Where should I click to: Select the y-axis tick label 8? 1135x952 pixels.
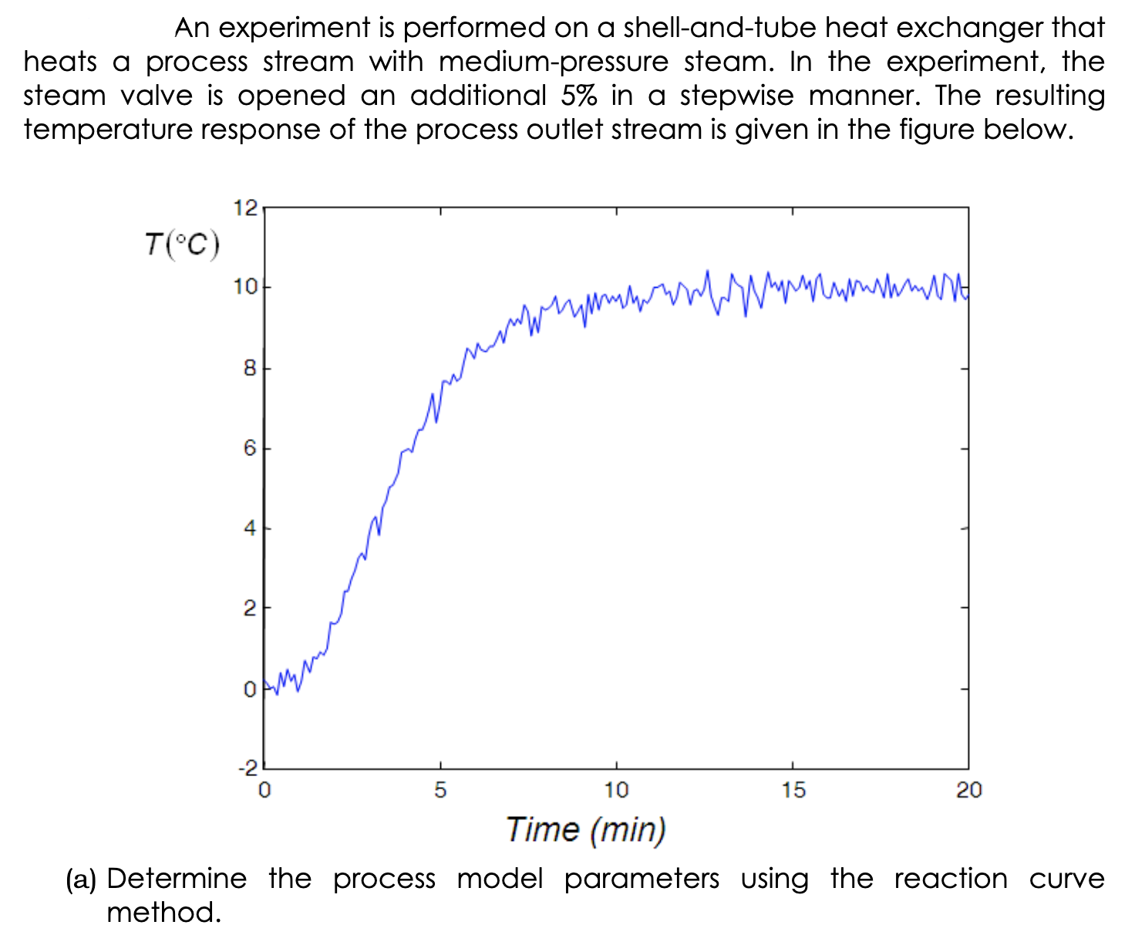tap(249, 368)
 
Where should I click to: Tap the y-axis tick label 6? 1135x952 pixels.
tap(249, 448)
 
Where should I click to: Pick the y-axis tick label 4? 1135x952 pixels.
tap(249, 528)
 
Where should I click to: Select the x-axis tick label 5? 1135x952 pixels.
tap(440, 790)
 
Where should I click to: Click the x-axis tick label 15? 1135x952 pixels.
tap(793, 790)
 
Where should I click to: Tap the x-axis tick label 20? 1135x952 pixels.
tap(969, 790)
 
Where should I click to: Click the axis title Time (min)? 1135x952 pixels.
tap(586, 830)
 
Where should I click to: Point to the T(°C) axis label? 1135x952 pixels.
tap(182, 245)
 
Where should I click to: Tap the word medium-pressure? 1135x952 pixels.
tap(554, 62)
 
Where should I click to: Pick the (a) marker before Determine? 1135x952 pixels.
tap(81, 879)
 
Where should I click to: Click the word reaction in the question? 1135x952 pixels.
tap(951, 879)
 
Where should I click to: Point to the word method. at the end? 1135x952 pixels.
tap(163, 913)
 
